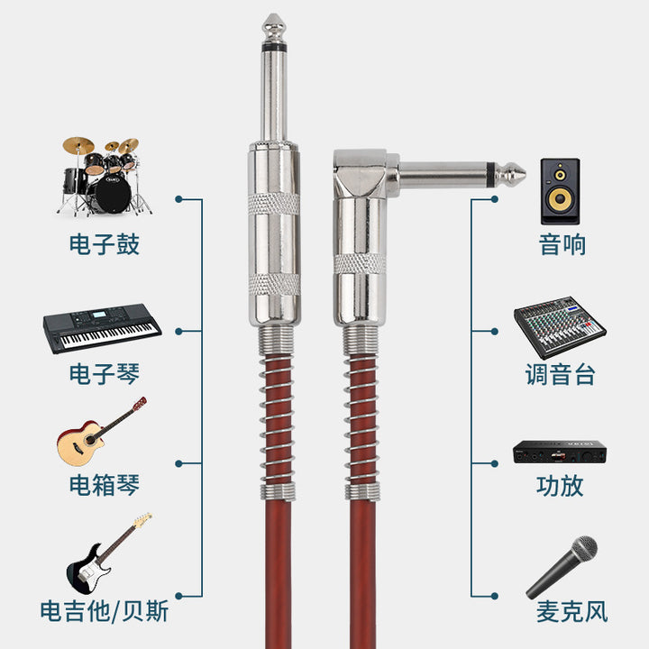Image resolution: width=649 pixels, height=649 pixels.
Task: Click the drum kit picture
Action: [x=104, y=177]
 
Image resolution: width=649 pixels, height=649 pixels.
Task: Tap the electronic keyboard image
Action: [x=102, y=328]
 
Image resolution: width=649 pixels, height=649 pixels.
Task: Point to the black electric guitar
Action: [x=108, y=553]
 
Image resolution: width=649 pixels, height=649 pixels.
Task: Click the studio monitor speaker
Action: [x=560, y=191]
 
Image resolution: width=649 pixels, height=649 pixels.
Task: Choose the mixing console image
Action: [x=560, y=327]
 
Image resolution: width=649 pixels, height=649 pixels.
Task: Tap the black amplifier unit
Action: [x=560, y=452]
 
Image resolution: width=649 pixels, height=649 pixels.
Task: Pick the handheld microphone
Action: [x=562, y=567]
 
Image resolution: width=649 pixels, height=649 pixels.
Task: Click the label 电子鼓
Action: [x=105, y=244]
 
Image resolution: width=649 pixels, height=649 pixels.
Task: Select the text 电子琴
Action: [x=105, y=374]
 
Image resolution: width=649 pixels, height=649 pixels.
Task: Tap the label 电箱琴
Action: [x=105, y=485]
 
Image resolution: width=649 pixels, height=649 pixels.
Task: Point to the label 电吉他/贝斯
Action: [x=105, y=611]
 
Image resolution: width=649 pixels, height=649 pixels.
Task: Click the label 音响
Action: [x=562, y=244]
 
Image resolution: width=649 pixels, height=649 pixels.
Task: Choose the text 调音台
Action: [x=560, y=375]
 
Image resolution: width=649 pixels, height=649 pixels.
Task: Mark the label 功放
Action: [x=560, y=486]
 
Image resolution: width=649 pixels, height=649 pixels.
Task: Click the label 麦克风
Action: [x=571, y=611]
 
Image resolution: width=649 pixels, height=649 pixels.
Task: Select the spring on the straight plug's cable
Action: [x=278, y=422]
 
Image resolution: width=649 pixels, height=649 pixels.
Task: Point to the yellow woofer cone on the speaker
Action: [x=560, y=199]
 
